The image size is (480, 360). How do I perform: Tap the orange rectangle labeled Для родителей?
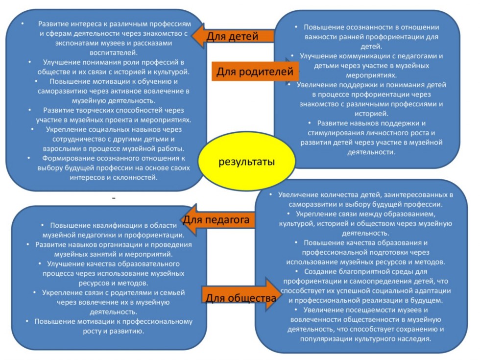(x=255, y=72)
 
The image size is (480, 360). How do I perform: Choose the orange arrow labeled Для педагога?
(x=218, y=220)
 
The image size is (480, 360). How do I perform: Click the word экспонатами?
(x=64, y=43)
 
